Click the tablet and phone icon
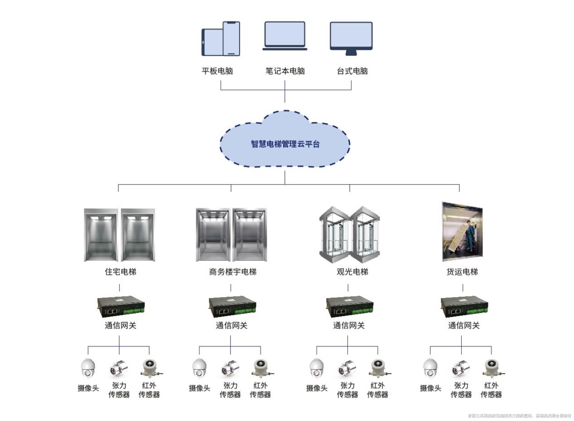(221, 39)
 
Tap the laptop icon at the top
(285, 36)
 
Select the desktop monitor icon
(351, 38)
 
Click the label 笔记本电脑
(285, 71)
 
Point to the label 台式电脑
(352, 71)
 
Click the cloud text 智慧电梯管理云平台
(285, 144)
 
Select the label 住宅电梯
(120, 272)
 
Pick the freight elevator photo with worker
(462, 232)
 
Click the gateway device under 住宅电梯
(121, 306)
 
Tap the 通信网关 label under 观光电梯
(348, 326)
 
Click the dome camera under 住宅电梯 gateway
(88, 368)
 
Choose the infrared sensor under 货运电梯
(491, 368)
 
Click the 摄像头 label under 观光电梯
(316, 388)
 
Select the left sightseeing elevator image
(334, 235)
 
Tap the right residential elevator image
(138, 235)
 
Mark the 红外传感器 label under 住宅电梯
(149, 390)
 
